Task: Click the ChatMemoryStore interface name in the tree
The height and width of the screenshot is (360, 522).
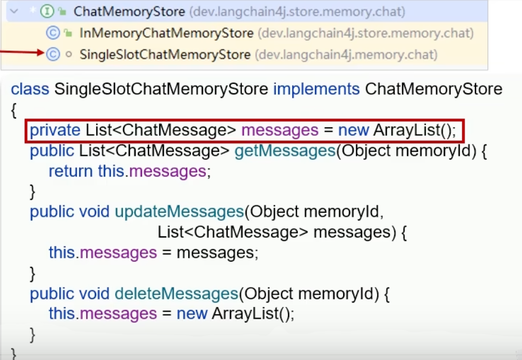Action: pyautogui.click(x=129, y=12)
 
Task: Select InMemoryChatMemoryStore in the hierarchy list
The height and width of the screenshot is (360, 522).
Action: pyautogui.click(x=167, y=33)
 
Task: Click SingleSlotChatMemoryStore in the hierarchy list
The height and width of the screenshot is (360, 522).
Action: pyautogui.click(x=165, y=55)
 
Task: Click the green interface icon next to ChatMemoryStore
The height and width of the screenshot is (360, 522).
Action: pyautogui.click(x=48, y=12)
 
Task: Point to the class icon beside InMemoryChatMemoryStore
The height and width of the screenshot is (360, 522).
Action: pyautogui.click(x=52, y=33)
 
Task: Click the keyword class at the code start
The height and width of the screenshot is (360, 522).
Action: pyautogui.click(x=30, y=89)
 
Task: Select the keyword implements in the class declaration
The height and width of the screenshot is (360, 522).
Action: pyautogui.click(x=316, y=89)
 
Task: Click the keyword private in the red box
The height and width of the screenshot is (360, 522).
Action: pyautogui.click(x=55, y=131)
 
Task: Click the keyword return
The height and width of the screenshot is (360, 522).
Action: pyautogui.click(x=71, y=171)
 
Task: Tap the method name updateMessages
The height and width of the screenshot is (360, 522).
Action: pyautogui.click(x=179, y=212)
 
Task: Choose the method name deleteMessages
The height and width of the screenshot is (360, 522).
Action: pyautogui.click(x=176, y=294)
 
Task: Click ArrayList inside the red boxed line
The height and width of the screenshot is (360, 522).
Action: pyautogui.click(x=406, y=131)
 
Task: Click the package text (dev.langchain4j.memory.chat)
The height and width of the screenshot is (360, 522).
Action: pyautogui.click(x=346, y=55)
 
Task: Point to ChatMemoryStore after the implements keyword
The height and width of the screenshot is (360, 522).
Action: pyautogui.click(x=433, y=89)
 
